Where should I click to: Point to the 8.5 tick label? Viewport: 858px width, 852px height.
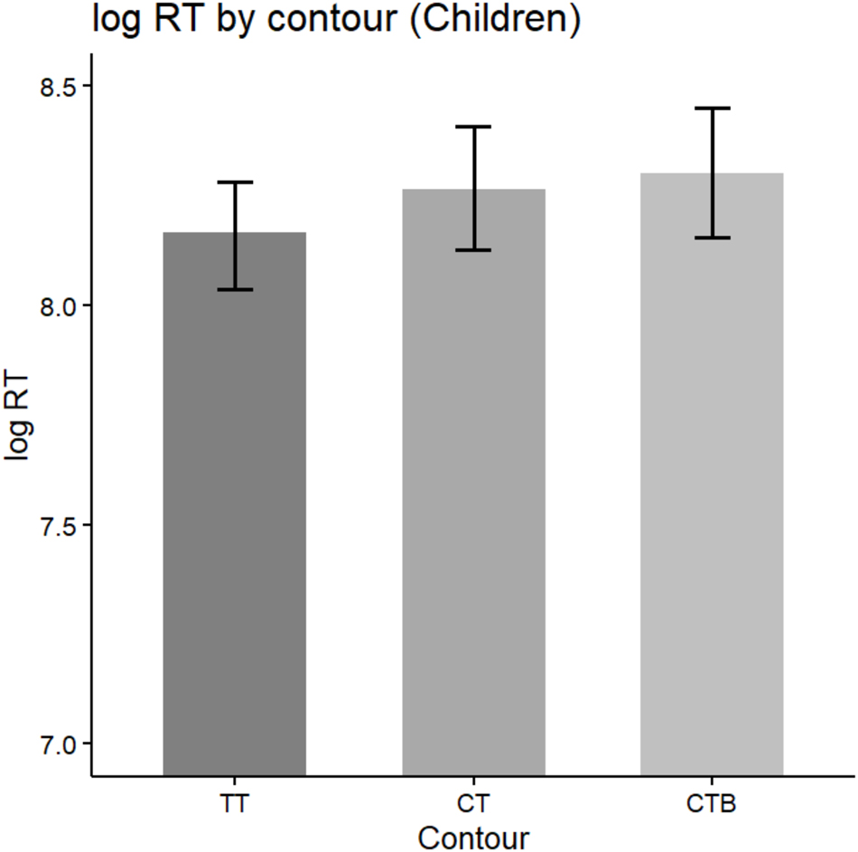(60, 87)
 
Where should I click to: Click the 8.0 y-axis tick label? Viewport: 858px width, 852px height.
(60, 306)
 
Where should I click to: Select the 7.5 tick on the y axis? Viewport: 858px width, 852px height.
(60, 525)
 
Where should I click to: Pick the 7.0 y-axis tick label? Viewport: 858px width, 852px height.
(60, 744)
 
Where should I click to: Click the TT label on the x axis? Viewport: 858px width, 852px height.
(234, 801)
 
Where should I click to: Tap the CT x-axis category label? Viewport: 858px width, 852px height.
(473, 801)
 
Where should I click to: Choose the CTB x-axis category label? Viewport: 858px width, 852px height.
(712, 801)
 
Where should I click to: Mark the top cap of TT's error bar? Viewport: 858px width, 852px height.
(234, 183)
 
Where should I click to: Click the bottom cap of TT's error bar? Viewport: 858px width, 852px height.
(234, 289)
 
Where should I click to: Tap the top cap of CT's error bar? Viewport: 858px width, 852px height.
(473, 126)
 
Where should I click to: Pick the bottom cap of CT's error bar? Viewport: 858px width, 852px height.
(473, 250)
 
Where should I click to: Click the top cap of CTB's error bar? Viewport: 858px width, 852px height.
(712, 108)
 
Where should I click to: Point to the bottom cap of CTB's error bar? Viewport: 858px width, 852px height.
(712, 238)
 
